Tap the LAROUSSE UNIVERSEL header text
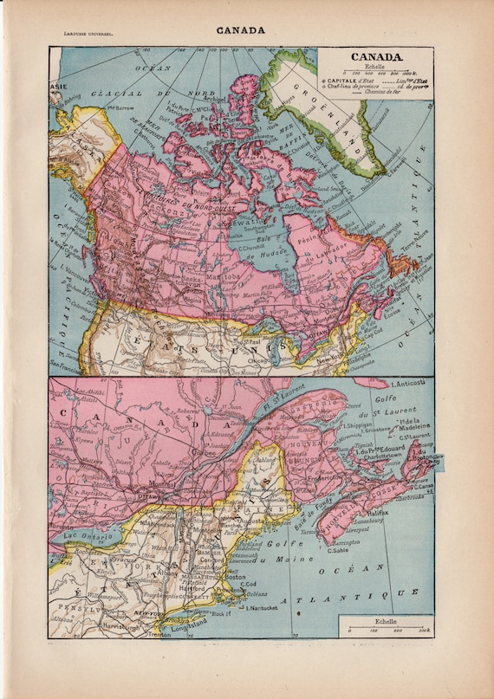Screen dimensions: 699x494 tap(84, 35)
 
